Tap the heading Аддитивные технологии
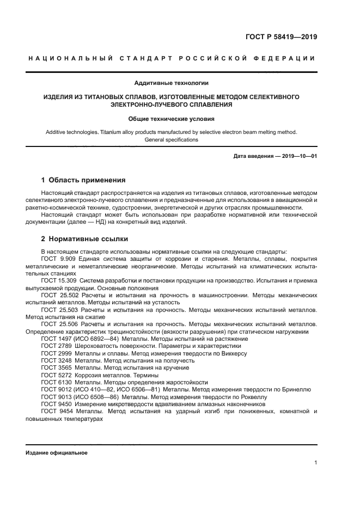171,83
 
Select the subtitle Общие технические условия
171,118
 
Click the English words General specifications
171,140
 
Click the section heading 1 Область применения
83,180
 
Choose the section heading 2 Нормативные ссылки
85,238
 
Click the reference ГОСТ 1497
56,339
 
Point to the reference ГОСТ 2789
56,346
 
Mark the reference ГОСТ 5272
56,375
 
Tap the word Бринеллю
295,389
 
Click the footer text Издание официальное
56,453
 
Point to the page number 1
315,463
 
